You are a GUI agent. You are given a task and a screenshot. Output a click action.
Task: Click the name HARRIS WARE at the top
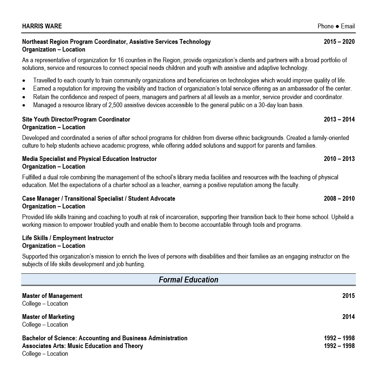42,26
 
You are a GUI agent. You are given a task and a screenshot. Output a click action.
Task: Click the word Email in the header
348,26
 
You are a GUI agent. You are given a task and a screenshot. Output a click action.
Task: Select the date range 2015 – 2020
339,42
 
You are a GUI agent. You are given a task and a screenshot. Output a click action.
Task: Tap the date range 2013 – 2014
339,120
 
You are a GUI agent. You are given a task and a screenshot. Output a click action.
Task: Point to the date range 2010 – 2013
339,159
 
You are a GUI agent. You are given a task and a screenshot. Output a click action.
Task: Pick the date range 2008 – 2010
339,199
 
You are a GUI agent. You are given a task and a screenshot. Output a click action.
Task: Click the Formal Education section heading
188,280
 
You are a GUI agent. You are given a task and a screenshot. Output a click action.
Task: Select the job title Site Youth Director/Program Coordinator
76,120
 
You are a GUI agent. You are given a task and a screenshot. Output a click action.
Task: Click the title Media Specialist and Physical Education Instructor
89,159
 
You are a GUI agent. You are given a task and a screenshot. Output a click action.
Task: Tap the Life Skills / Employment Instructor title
68,238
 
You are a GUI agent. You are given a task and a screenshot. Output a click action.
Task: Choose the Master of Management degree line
52,296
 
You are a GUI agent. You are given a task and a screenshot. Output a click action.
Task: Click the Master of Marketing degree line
48,317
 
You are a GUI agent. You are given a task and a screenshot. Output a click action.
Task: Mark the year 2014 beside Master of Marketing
348,317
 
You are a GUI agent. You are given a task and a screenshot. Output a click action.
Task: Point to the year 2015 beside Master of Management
348,296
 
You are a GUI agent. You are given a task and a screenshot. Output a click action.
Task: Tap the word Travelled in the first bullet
46,81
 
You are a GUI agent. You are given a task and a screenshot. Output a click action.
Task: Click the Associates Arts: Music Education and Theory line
82,346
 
